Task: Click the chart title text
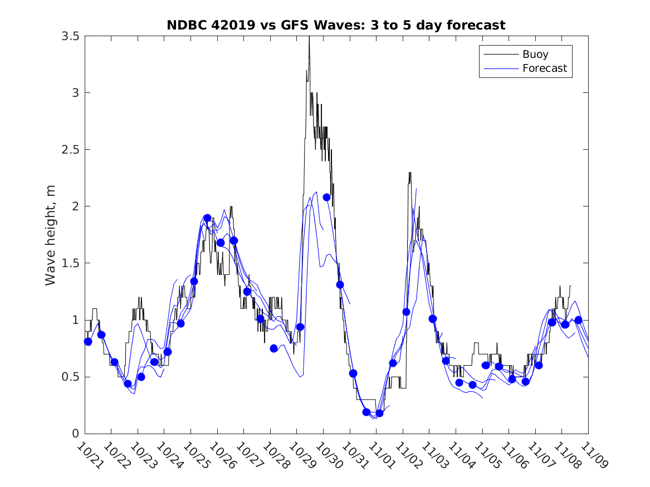coord(336,25)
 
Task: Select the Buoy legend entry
coord(535,55)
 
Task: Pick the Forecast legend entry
coord(544,68)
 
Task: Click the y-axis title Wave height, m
coord(51,235)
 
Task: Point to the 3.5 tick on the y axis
coord(70,36)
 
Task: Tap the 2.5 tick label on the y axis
coord(70,150)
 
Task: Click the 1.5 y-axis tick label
coord(70,263)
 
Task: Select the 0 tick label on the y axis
coord(75,434)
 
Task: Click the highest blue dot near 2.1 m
coord(327,197)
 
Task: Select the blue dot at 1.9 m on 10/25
coord(207,218)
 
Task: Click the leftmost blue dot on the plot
coord(88,342)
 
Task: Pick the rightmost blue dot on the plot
coord(578,320)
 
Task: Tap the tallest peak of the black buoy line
coord(309,38)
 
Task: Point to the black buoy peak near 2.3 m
coord(410,173)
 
